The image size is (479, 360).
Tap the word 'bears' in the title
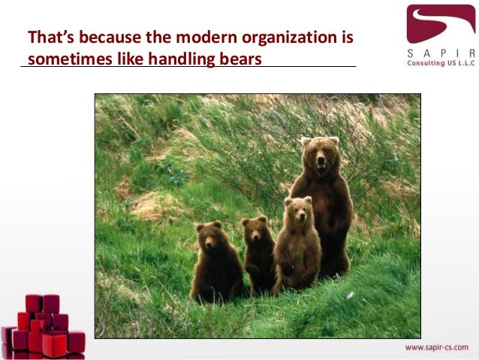coord(242,59)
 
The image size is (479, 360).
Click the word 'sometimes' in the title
coord(62,59)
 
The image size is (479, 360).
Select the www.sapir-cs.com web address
coord(436,347)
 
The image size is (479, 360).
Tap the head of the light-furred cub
coord(298,210)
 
